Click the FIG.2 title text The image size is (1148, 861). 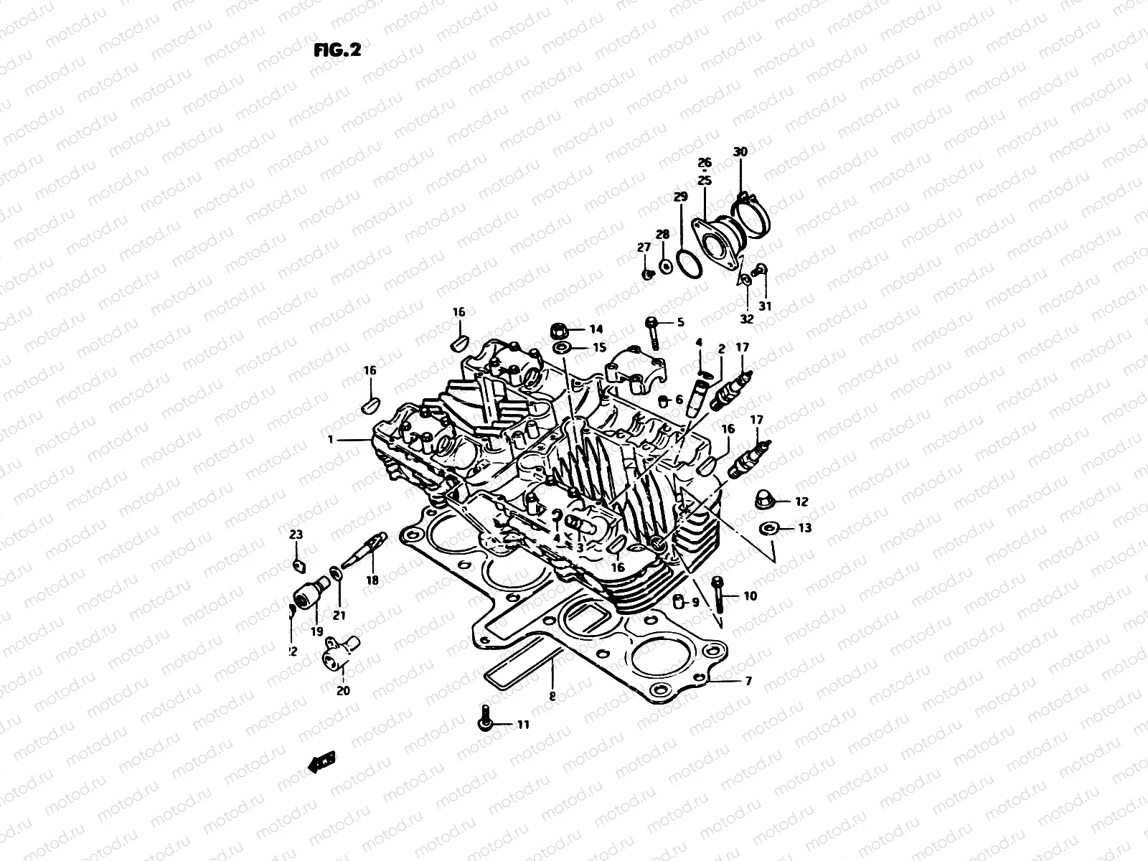click(337, 50)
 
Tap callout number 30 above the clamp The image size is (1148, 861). click(740, 151)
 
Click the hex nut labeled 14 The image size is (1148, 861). click(561, 331)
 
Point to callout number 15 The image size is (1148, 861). click(599, 347)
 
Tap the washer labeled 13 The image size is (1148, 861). click(768, 529)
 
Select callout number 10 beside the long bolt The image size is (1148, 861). click(750, 596)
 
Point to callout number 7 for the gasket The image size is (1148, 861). click(748, 682)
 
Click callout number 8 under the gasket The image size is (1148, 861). click(552, 695)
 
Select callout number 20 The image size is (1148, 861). click(343, 691)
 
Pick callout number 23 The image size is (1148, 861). click(296, 535)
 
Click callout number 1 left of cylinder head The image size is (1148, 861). click(331, 439)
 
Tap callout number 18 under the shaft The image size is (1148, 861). click(372, 580)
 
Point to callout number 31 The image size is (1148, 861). click(765, 306)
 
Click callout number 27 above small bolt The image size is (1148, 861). click(644, 248)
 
